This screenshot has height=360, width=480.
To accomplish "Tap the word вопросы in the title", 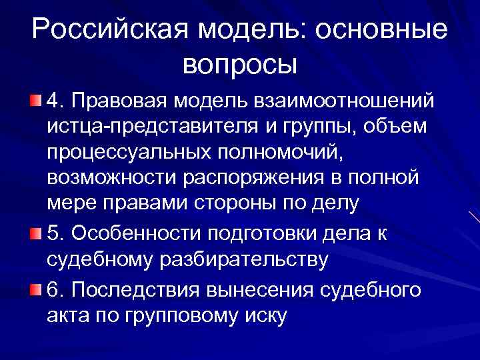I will pyautogui.click(x=239, y=65).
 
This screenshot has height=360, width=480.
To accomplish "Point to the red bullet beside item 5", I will pyautogui.click(x=35, y=234).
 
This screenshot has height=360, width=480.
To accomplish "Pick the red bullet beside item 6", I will pyautogui.click(x=35, y=290).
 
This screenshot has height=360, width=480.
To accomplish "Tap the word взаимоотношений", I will pyautogui.click(x=345, y=101).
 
